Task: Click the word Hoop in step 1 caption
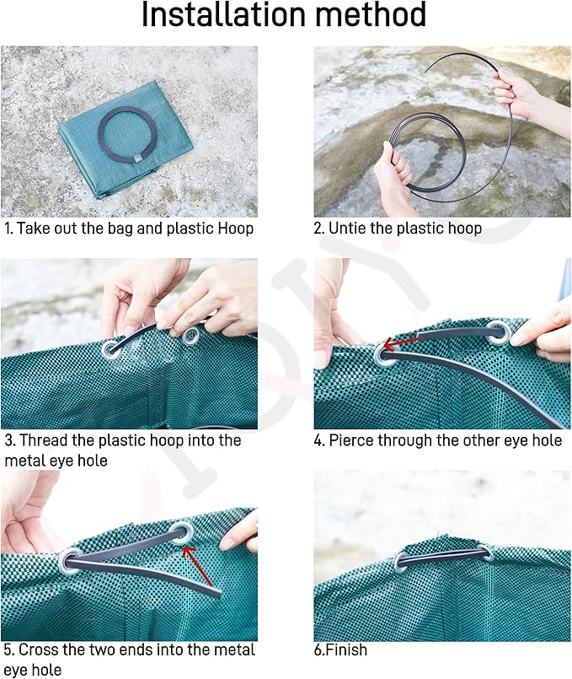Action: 232,229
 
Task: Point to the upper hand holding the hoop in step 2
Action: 516,93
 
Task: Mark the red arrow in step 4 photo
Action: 403,342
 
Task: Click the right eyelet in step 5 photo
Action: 182,532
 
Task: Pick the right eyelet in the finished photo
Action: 484,553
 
